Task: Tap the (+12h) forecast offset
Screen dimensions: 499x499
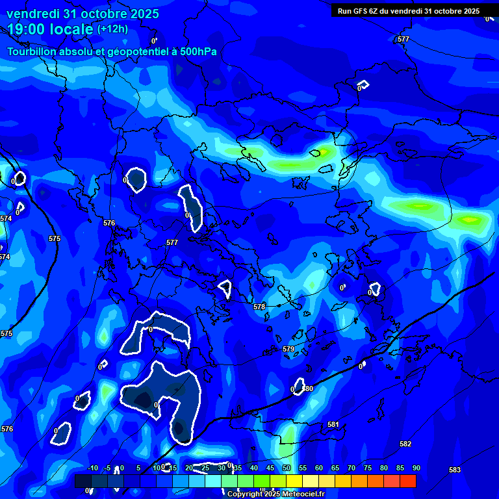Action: pyautogui.click(x=112, y=29)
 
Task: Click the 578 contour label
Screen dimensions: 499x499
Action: pyautogui.click(x=259, y=307)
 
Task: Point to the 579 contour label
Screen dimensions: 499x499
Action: pyautogui.click(x=288, y=349)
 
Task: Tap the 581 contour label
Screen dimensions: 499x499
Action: pyautogui.click(x=333, y=424)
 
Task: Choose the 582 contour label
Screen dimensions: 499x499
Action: pyautogui.click(x=405, y=444)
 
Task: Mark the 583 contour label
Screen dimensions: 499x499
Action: pyautogui.click(x=455, y=470)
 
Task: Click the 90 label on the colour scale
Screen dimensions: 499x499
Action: pyautogui.click(x=416, y=468)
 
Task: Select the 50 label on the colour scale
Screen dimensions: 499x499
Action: pyautogui.click(x=286, y=468)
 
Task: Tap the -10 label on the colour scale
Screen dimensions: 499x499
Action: pyautogui.click(x=92, y=468)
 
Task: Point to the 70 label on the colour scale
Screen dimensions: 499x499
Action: pyautogui.click(x=351, y=468)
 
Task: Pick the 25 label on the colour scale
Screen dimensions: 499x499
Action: pyautogui.click(x=205, y=468)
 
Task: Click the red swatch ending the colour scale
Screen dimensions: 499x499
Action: pyautogui.click(x=408, y=481)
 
